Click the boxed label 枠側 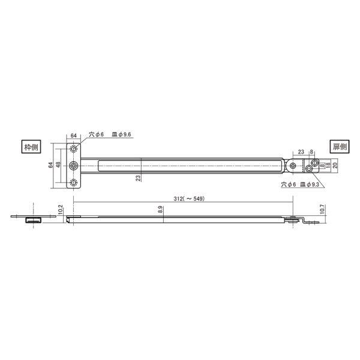coord(31,147)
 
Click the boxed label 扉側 coord(340,146)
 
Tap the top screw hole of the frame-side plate coord(74,149)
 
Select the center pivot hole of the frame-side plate coord(74,166)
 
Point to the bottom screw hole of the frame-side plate coord(74,183)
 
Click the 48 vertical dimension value coord(58,165)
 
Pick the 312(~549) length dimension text coord(189,199)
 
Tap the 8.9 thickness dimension coord(160,210)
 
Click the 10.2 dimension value coord(61,209)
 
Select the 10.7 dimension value coord(322,209)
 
